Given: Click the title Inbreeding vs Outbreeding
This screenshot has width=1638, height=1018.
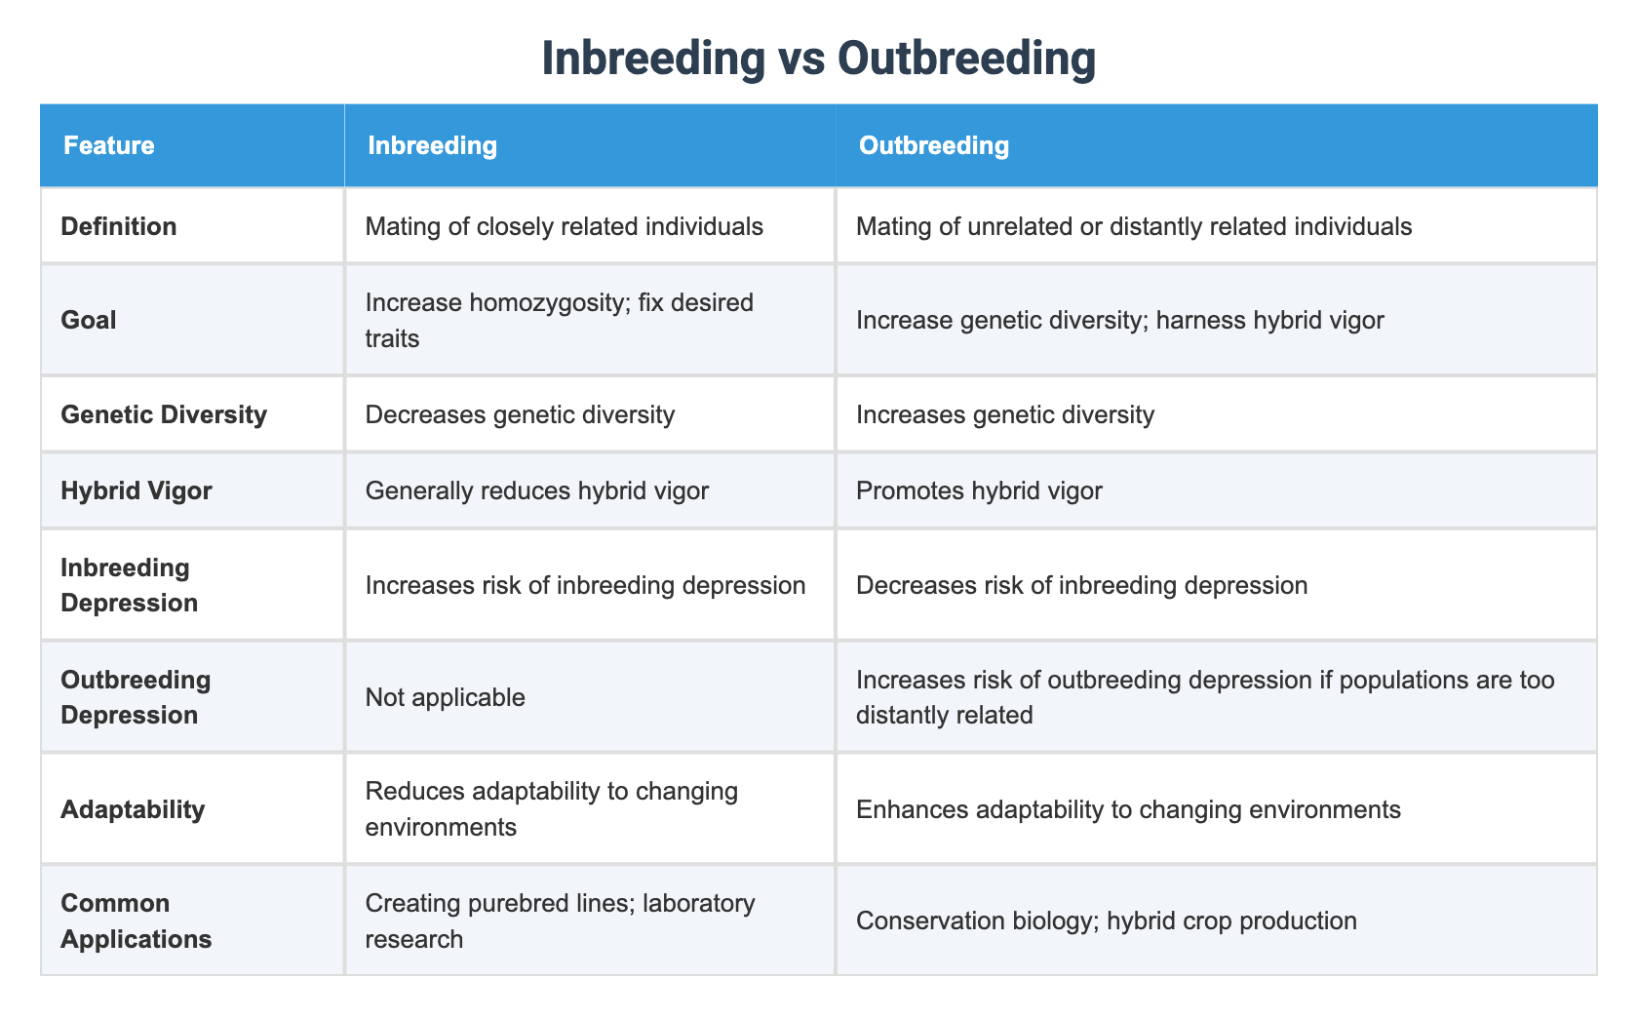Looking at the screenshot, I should click(x=818, y=59).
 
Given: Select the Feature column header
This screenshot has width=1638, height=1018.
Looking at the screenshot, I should click(x=108, y=146).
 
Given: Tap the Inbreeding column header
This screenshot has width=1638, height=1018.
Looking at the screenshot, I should click(x=432, y=146).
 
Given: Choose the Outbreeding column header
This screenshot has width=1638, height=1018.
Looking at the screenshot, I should click(x=933, y=146).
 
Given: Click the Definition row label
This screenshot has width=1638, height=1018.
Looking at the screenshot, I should click(x=119, y=227).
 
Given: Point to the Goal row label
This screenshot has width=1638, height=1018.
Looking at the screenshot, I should click(x=88, y=320).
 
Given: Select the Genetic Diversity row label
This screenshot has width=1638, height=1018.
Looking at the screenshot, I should click(x=164, y=414).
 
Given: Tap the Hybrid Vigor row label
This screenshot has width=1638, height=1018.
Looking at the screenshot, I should click(x=136, y=490).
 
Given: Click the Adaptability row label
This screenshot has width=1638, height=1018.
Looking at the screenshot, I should click(x=133, y=809).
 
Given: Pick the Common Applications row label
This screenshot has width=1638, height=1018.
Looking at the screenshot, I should click(x=136, y=920).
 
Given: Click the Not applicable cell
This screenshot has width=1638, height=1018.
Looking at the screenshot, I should click(x=445, y=697).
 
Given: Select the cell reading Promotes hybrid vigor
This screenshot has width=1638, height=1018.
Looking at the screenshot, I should click(x=979, y=490).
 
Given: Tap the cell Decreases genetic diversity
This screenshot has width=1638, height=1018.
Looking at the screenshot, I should click(x=520, y=414).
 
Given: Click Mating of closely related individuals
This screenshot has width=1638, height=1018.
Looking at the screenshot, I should click(x=564, y=227).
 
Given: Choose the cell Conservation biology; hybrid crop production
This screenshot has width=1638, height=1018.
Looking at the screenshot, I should click(x=1106, y=920).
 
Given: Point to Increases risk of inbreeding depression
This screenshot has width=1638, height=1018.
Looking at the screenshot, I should click(x=585, y=585).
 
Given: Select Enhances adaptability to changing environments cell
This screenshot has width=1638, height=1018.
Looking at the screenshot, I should click(x=1128, y=809).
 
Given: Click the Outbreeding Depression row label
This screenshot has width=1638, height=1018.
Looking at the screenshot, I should click(x=136, y=697).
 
